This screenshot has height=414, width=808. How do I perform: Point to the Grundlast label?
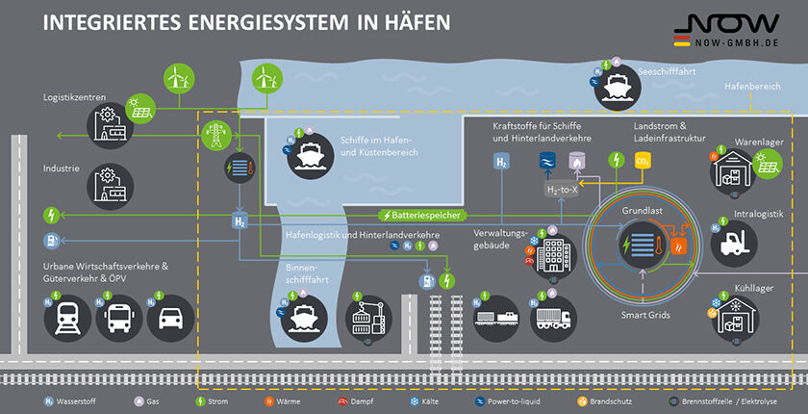coord(643,209)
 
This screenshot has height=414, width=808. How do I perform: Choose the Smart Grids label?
coord(643,315)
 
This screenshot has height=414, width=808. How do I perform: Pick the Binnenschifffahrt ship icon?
coord(302,313)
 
